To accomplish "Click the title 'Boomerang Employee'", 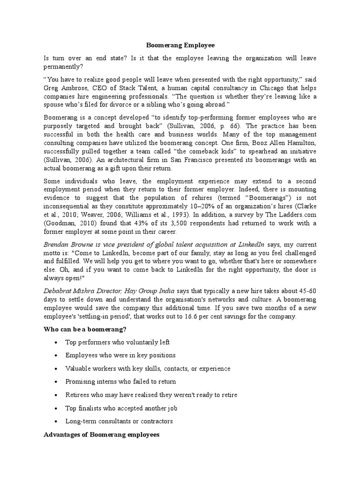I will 180,45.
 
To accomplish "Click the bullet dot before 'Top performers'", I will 56,343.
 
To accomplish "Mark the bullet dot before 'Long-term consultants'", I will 56,421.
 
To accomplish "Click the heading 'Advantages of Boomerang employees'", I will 101,435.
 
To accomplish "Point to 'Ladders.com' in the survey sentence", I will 299,215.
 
